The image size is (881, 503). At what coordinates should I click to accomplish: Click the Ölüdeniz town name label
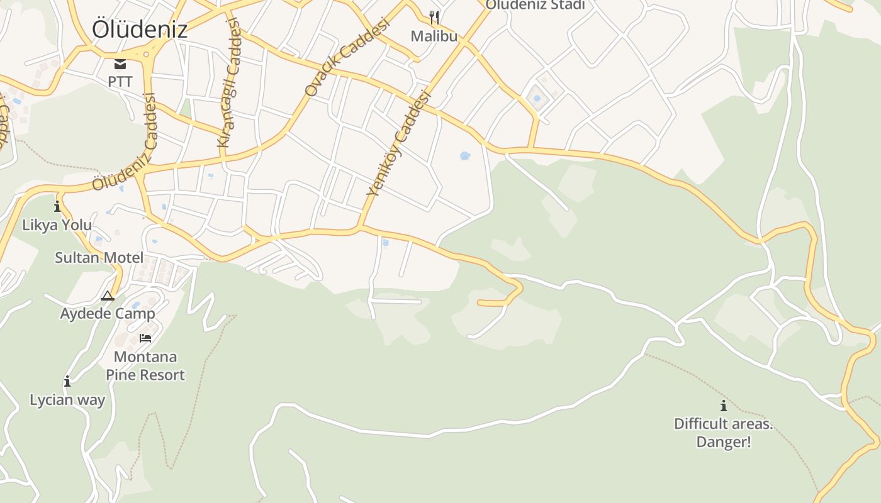(x=139, y=30)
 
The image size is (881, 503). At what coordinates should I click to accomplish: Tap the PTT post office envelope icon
(x=120, y=64)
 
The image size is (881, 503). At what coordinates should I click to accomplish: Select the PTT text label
(x=120, y=82)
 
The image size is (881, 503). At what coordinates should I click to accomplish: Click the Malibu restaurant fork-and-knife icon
(x=434, y=17)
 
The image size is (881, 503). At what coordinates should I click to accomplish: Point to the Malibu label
(x=434, y=36)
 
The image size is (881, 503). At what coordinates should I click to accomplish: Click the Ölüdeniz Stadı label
(x=536, y=5)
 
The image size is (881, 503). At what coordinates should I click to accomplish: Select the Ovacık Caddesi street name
(x=347, y=56)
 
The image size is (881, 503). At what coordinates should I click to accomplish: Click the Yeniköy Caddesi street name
(x=398, y=143)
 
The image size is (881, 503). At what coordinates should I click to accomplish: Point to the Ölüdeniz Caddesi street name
(x=123, y=142)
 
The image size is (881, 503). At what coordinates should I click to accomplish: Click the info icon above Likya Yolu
(x=57, y=206)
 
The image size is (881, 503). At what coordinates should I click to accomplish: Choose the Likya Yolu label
(x=57, y=225)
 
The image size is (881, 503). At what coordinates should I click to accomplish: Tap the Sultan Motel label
(x=99, y=257)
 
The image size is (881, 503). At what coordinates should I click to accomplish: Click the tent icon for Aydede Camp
(x=108, y=296)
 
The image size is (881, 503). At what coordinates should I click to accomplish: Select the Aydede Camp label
(x=108, y=313)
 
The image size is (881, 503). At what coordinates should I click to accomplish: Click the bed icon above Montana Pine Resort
(x=145, y=338)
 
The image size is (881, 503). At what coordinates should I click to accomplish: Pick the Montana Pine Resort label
(x=145, y=366)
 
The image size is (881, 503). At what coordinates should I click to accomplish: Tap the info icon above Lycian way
(x=67, y=381)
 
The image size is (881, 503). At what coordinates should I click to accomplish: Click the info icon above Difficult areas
(x=724, y=406)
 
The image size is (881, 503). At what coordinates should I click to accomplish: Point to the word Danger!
(x=724, y=442)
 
